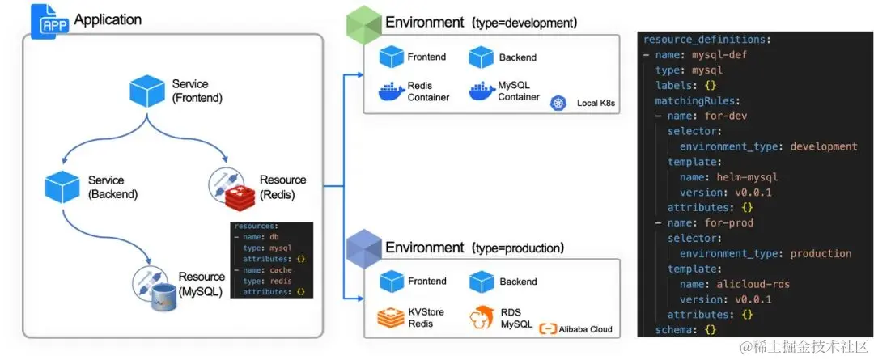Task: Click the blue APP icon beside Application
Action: (x=49, y=20)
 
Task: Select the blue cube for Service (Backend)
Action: (x=63, y=186)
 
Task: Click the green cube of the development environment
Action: (x=363, y=26)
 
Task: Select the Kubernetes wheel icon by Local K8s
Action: (x=558, y=103)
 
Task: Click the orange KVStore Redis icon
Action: (x=392, y=318)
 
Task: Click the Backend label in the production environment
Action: (x=518, y=282)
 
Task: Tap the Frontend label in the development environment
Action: (x=426, y=57)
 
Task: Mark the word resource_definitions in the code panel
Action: (x=704, y=39)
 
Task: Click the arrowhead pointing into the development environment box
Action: (x=358, y=74)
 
